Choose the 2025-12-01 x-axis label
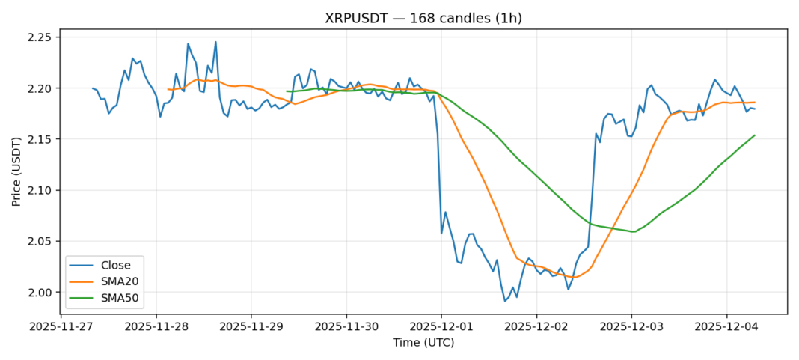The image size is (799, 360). point(441,327)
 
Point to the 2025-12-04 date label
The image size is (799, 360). point(726,327)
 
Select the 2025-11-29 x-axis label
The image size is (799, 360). point(251,327)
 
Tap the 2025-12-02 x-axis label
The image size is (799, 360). point(536,327)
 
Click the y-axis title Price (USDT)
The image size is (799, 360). point(16,171)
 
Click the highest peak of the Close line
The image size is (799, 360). point(215,42)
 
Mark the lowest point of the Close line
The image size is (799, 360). point(505,301)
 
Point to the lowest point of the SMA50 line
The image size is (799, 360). point(634,231)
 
